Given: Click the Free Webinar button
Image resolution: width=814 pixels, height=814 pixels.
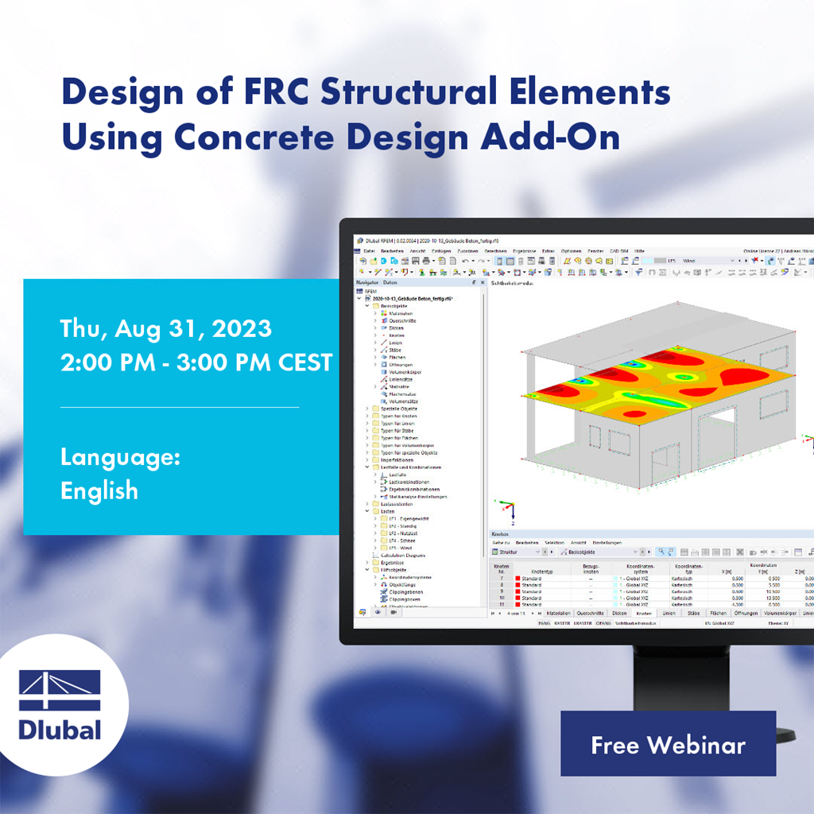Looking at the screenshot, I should click(x=668, y=744).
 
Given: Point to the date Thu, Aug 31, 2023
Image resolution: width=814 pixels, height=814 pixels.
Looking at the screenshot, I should click(x=165, y=328).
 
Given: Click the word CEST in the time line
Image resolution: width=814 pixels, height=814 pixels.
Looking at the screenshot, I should click(x=305, y=362).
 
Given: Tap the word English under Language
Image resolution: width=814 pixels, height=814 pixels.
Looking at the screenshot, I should click(x=99, y=490).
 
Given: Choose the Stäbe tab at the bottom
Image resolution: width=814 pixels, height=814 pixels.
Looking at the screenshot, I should click(x=693, y=613).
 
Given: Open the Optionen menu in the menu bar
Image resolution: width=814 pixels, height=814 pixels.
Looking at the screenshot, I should click(x=572, y=250).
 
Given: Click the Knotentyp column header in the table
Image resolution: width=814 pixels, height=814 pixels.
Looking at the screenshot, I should click(x=543, y=571).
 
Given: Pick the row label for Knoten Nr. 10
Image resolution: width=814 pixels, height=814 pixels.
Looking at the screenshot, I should click(x=501, y=598).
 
